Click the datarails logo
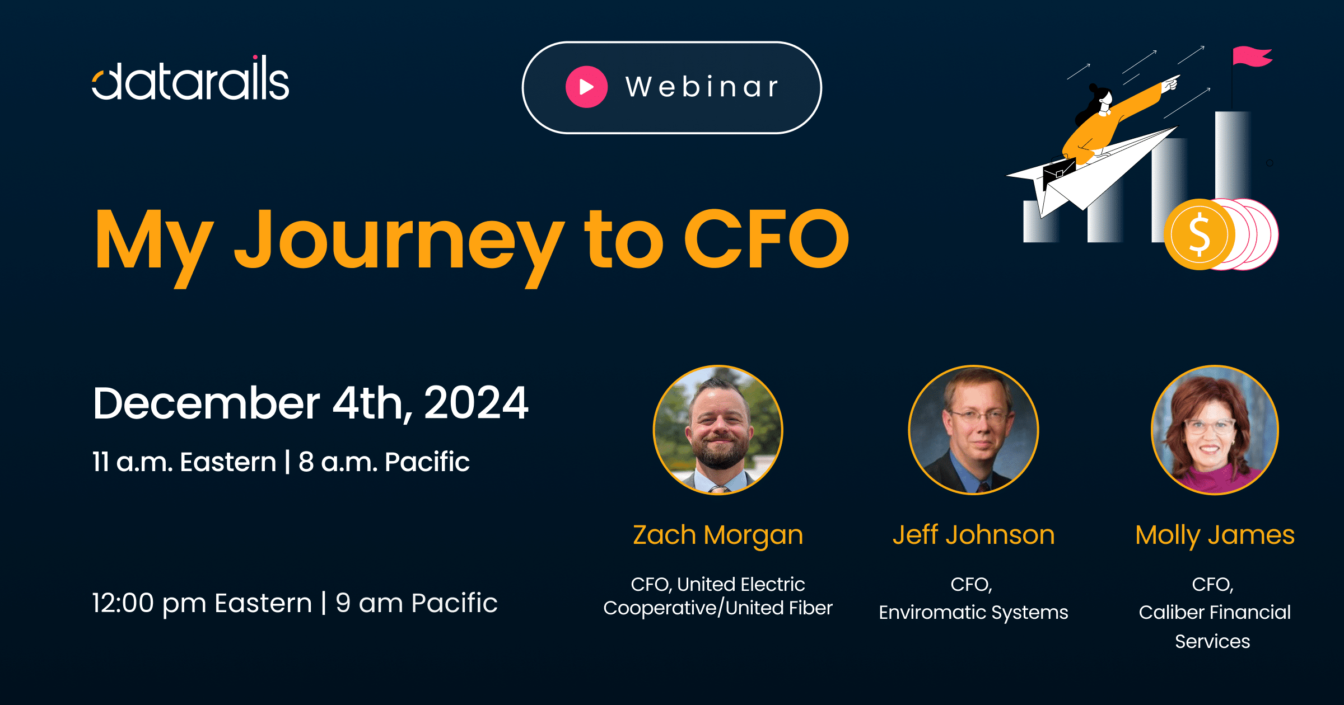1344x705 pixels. [190, 78]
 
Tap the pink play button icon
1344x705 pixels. [586, 87]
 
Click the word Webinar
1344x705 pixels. [702, 87]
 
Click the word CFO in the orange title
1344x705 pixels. [767, 238]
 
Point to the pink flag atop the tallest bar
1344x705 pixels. [1252, 57]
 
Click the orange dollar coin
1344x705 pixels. [1199, 234]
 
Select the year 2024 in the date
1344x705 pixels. [476, 403]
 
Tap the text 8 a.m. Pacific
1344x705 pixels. [384, 462]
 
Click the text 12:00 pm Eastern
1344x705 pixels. [202, 603]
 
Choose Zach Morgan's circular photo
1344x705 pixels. [718, 430]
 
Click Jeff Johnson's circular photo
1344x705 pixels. [973, 430]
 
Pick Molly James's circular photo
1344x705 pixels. [1215, 430]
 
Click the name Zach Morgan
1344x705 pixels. [718, 535]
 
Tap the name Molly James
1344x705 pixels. [1215, 535]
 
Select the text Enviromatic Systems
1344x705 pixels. [973, 613]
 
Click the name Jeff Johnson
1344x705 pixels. [973, 535]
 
